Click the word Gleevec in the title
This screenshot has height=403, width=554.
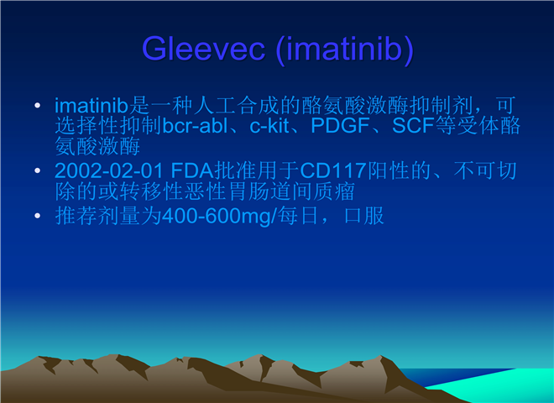(203, 49)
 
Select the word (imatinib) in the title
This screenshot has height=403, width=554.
(345, 50)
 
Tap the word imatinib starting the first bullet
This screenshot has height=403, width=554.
(91, 105)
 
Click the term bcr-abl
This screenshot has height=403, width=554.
(195, 125)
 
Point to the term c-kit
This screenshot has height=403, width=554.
(269, 125)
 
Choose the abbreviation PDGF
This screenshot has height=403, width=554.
(340, 125)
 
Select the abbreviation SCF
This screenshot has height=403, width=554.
(413, 125)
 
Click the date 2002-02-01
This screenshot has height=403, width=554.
(109, 170)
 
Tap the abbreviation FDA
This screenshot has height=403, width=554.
(192, 170)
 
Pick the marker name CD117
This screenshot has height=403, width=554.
(333, 170)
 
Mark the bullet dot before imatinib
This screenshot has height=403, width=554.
(38, 105)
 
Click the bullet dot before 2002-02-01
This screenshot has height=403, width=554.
(38, 170)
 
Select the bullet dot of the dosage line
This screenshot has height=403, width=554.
(38, 216)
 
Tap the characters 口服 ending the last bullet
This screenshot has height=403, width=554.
(364, 216)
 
